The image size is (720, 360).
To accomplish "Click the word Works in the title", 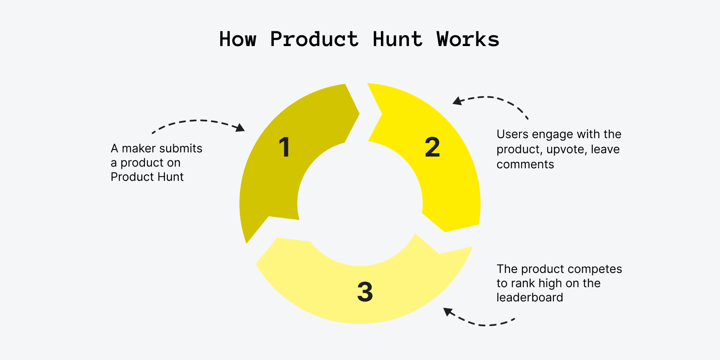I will pos(468,39).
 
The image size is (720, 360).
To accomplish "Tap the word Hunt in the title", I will pos(397,39).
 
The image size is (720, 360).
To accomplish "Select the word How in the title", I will pos(237,39).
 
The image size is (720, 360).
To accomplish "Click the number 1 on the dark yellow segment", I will pos(285,147).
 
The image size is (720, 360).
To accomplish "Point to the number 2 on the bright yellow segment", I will pos(432,147).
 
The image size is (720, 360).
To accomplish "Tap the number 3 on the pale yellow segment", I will pos(365,292).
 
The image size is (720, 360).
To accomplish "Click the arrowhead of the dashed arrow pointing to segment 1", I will pos(241,128).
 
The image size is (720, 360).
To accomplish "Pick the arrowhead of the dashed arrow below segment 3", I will pos(448,312).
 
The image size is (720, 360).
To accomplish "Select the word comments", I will pos(525,165).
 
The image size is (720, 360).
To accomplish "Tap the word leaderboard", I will pos(530,298).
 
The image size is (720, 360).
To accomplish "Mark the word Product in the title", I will pos(314,39).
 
